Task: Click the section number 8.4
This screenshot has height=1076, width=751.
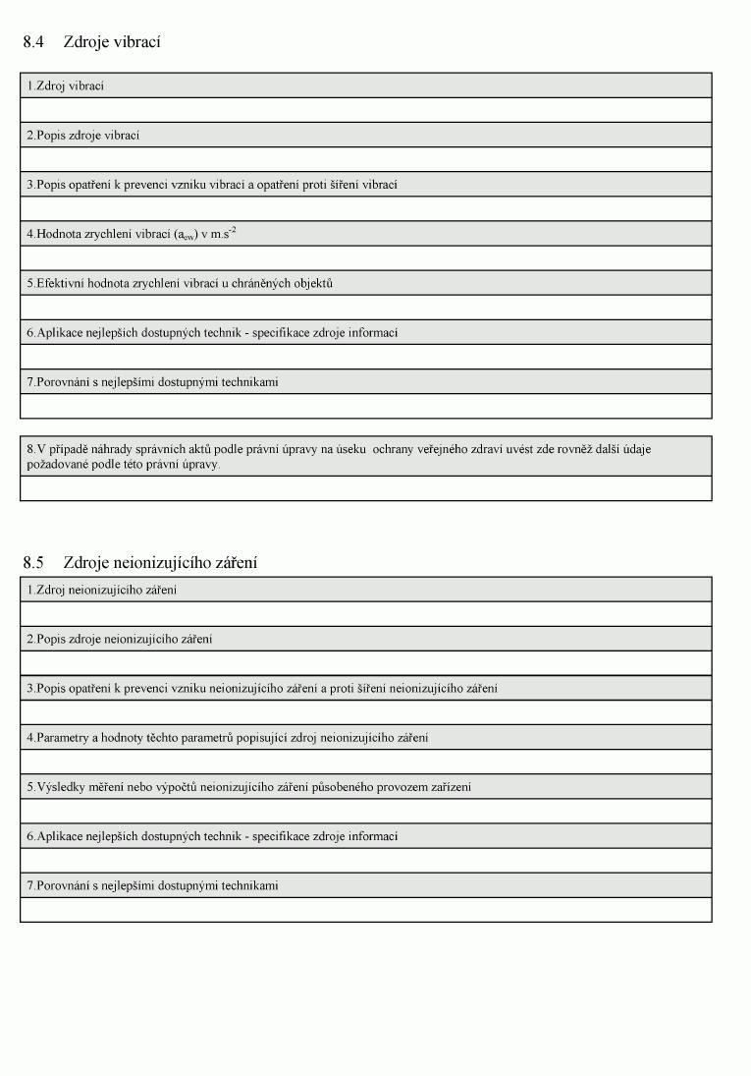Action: click(x=33, y=42)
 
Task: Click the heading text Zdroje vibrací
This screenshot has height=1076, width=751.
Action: click(x=112, y=42)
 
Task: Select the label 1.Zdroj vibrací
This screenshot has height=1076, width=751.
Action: click(x=66, y=85)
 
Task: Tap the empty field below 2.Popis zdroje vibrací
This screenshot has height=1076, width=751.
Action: click(x=365, y=159)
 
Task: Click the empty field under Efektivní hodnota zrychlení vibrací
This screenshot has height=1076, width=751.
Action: click(x=365, y=308)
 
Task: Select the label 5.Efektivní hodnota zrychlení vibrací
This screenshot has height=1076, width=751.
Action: click(x=180, y=283)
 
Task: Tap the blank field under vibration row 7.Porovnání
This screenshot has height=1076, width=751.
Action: click(x=365, y=406)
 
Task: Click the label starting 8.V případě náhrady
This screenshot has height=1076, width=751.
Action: click(x=339, y=456)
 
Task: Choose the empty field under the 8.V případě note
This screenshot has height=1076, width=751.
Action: click(x=365, y=488)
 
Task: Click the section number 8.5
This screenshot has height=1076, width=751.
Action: click(x=33, y=563)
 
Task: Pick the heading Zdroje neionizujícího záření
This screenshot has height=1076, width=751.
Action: click(x=160, y=563)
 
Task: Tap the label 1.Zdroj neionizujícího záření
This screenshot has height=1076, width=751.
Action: click(x=101, y=590)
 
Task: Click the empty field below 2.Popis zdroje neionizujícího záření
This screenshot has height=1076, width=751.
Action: click(x=365, y=663)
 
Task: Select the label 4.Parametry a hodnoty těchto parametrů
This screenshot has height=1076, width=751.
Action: click(x=227, y=737)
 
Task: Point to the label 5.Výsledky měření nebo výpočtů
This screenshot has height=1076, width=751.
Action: click(x=248, y=786)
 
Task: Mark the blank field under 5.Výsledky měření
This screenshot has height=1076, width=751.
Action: click(x=365, y=811)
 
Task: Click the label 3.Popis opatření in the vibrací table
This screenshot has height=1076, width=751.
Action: click(x=211, y=184)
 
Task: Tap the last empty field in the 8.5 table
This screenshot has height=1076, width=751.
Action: click(x=365, y=909)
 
